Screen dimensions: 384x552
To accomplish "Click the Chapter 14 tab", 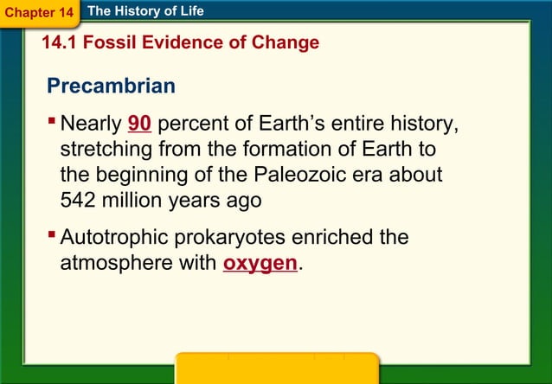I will coord(39,13).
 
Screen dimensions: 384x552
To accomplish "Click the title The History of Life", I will coord(145,11).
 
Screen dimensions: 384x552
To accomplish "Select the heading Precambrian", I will coord(112,86).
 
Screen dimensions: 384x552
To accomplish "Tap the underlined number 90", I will coord(139,125).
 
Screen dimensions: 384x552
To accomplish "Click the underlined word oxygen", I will coord(260,263).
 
